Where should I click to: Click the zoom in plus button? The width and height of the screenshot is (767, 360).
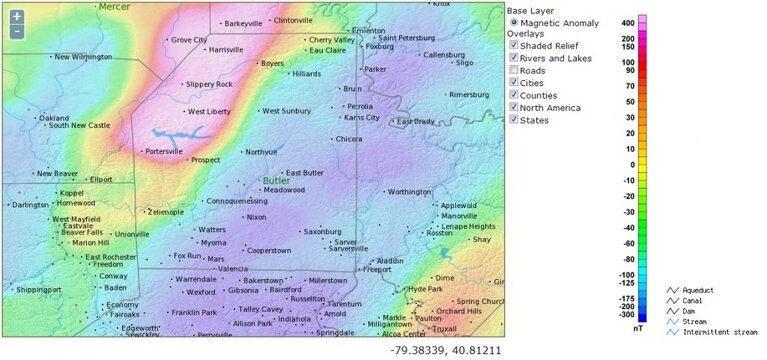[17, 17]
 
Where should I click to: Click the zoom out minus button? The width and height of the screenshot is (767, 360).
[17, 31]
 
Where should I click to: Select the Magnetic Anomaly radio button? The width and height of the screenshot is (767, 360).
[514, 21]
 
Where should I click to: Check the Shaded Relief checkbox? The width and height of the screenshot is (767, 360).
[514, 45]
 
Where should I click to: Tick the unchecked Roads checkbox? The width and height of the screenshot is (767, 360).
[514, 70]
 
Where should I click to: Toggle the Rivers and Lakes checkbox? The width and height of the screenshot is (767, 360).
[514, 58]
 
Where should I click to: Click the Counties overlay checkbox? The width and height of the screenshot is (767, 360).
[514, 95]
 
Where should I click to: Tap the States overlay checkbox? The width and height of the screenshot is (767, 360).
[514, 120]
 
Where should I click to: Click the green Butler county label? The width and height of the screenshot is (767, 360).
[276, 181]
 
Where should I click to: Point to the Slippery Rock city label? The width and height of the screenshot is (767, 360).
[209, 84]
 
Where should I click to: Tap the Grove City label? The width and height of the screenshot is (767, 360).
[189, 40]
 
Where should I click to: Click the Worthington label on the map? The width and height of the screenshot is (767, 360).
[409, 191]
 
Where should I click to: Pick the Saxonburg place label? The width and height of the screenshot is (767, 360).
[322, 231]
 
